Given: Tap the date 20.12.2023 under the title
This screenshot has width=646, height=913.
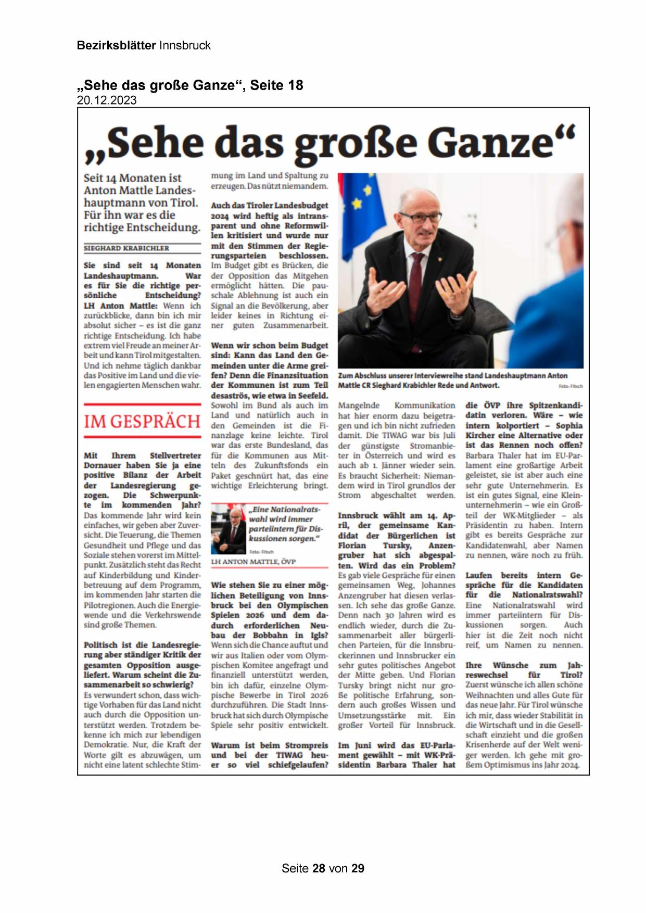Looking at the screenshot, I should [x=107, y=100].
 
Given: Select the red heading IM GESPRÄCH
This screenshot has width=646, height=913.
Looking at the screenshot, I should [x=142, y=421].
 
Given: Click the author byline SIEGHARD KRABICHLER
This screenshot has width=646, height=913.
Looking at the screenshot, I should [x=126, y=248].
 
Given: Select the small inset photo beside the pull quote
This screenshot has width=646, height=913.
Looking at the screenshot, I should [x=228, y=528].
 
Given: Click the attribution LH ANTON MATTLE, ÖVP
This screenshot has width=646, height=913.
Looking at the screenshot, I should [x=253, y=562].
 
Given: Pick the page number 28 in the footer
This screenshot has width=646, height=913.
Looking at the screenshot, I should [x=319, y=868].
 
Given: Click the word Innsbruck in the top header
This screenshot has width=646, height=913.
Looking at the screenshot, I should [x=185, y=45].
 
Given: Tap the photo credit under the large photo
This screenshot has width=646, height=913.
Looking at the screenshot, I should [x=571, y=386].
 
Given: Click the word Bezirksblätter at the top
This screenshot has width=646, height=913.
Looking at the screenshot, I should [x=116, y=45].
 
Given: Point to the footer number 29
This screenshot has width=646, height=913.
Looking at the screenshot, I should [x=358, y=868].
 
